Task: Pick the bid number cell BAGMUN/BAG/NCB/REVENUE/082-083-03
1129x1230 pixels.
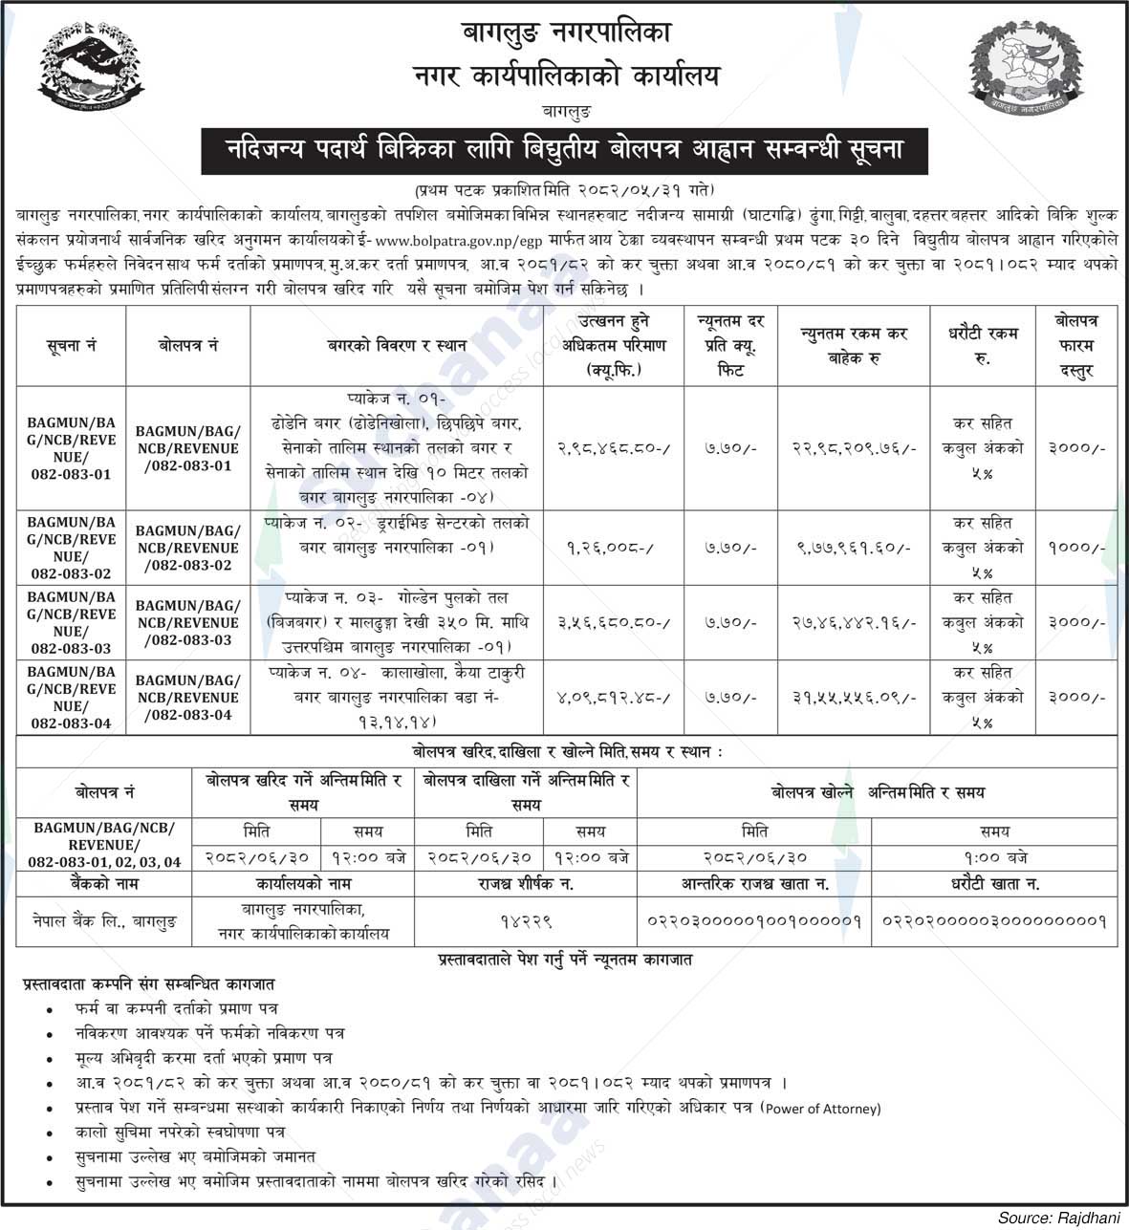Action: [188, 622]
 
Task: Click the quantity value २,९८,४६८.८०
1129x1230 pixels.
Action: [614, 446]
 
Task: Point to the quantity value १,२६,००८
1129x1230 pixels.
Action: [614, 548]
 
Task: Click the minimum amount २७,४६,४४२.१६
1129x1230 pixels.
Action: [855, 622]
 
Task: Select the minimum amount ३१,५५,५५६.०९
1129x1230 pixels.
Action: [855, 698]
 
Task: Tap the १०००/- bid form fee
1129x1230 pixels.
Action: [1075, 548]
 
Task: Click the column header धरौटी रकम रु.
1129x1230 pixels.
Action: [983, 346]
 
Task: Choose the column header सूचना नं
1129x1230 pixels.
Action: [71, 346]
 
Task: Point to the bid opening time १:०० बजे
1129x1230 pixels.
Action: [994, 858]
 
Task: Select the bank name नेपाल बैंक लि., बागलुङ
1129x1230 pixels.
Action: [104, 922]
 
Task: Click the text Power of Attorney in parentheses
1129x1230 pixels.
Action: [821, 1109]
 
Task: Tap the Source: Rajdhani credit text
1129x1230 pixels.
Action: [1058, 1218]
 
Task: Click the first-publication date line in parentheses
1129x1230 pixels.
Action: [564, 189]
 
